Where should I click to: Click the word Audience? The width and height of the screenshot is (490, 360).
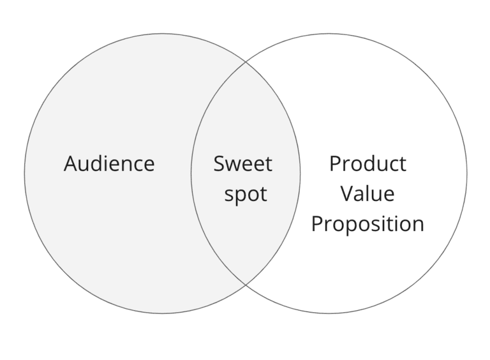(109, 164)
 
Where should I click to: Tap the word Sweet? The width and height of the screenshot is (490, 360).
(242, 164)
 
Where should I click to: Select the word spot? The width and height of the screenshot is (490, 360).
(246, 194)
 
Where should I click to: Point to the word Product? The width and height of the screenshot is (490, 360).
(367, 164)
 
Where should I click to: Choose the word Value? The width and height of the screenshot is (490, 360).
(367, 194)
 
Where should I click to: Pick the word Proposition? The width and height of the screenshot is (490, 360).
(367, 224)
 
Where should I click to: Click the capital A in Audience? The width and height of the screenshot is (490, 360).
(70, 164)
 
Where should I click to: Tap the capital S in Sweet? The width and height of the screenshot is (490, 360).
(219, 164)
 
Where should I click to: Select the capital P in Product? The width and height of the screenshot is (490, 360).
(334, 164)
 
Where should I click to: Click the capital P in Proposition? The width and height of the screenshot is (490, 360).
(316, 224)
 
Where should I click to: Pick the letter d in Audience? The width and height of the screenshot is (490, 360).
(98, 164)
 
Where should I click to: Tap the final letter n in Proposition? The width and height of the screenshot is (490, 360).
(418, 225)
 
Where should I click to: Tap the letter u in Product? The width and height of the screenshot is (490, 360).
(380, 165)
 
